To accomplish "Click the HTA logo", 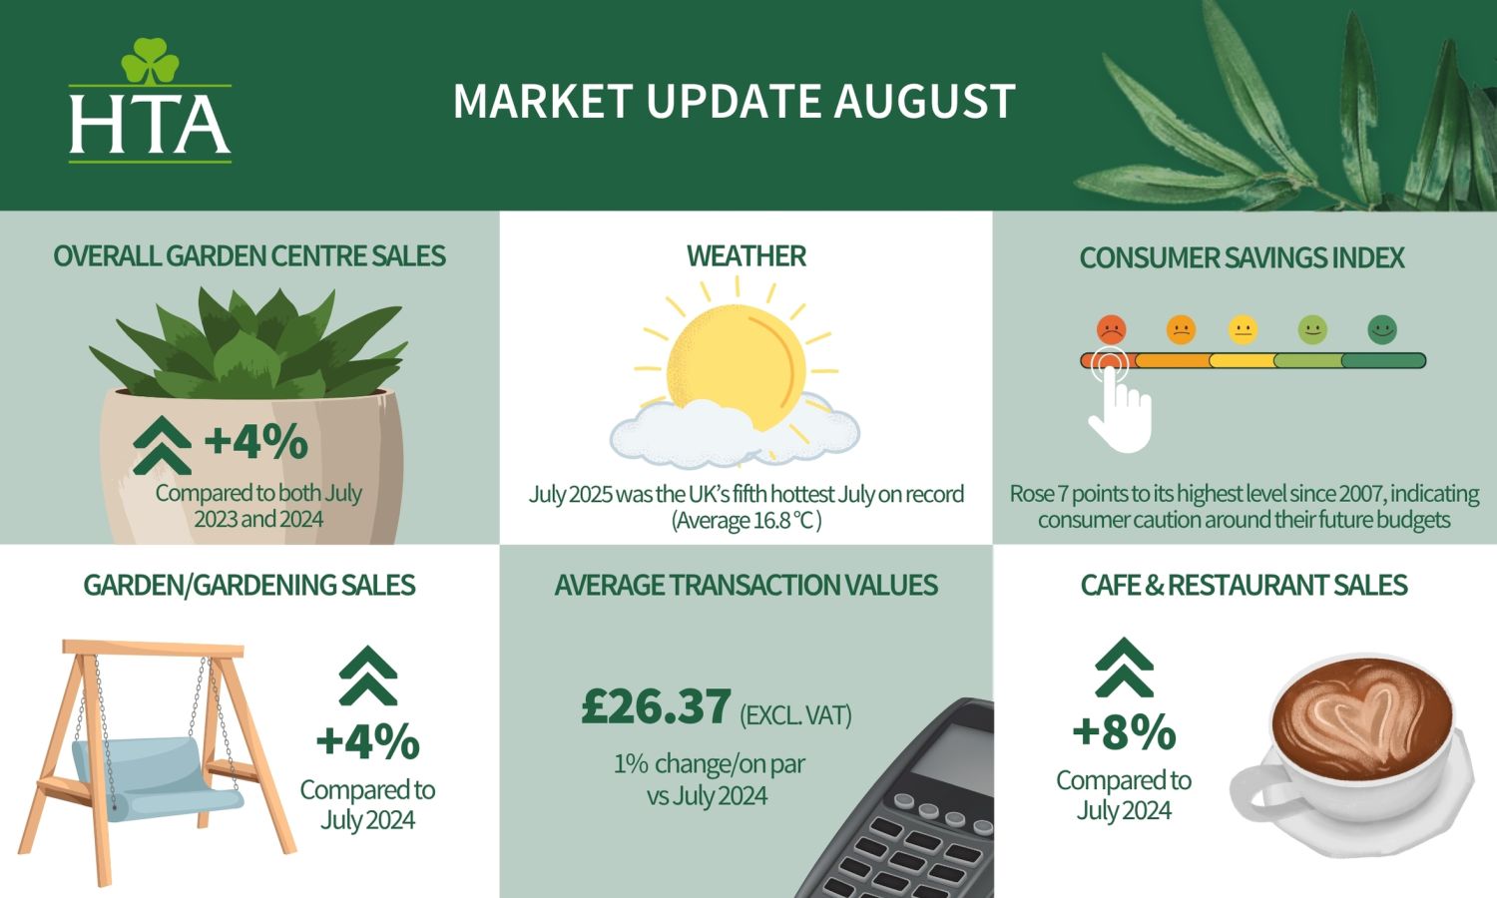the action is [150, 100].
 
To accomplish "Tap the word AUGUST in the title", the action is [924, 102].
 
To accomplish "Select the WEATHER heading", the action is [746, 255].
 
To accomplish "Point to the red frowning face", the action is [1112, 329].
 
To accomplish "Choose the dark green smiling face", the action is [1382, 329].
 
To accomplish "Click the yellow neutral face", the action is [1244, 329].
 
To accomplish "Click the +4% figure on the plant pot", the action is [255, 441].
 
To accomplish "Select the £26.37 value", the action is [656, 706].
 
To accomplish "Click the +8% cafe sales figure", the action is [1124, 732].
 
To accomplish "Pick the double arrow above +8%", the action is [1124, 669].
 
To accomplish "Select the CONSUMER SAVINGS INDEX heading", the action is [1242, 257].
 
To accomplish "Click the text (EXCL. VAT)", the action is [795, 715].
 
